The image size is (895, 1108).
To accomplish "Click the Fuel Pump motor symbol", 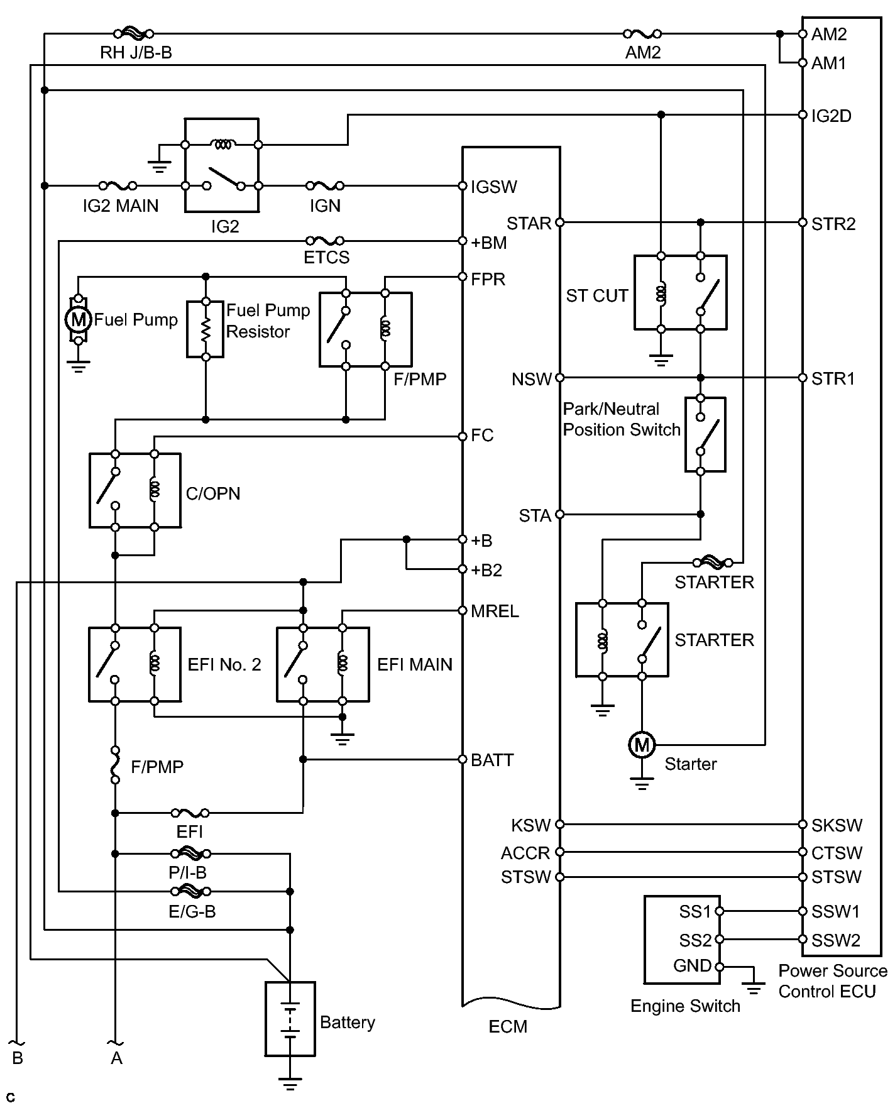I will [x=78, y=319].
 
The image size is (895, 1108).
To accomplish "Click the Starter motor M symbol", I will [x=642, y=745].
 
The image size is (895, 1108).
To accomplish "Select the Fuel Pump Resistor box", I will [x=206, y=329].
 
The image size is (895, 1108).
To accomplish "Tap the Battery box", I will [x=290, y=1019].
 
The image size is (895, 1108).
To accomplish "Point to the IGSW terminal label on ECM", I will [x=494, y=187].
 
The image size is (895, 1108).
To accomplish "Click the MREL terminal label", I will [x=495, y=611].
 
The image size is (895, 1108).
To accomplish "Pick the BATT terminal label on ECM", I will [x=492, y=760].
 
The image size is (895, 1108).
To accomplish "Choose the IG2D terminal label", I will [x=831, y=116].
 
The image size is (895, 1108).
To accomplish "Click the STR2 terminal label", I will [x=833, y=224].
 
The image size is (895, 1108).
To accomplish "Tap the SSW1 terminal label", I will [x=835, y=911].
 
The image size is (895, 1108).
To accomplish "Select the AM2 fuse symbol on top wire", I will [x=642, y=34].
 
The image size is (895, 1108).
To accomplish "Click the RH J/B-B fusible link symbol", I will [x=133, y=34].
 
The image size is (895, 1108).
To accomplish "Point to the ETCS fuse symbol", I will [x=324, y=241].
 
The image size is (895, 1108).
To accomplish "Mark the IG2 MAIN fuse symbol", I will [x=118, y=186].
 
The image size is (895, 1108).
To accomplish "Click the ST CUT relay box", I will [x=680, y=292].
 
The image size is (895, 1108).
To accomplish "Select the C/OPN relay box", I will [x=135, y=490].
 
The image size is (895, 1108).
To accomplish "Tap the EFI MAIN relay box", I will [x=323, y=664].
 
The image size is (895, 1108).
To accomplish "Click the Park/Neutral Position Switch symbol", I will [x=705, y=434].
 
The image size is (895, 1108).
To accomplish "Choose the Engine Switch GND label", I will [x=692, y=966].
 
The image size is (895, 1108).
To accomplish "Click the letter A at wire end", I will [x=116, y=1058].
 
